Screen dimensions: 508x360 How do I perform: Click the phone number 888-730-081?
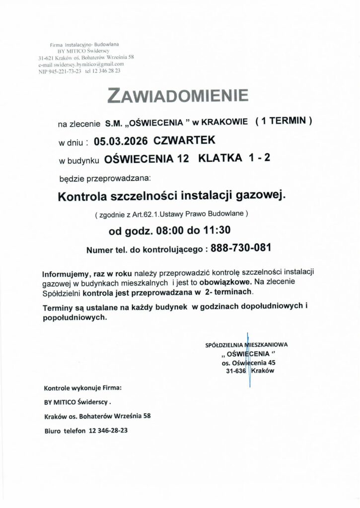click(x=241, y=249)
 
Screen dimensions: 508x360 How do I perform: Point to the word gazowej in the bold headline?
click(x=264, y=196)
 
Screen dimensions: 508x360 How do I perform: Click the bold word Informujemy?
click(x=66, y=274)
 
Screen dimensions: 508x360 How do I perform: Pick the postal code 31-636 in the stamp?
click(x=236, y=371)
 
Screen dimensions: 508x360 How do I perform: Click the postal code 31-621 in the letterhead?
click(x=48, y=58)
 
